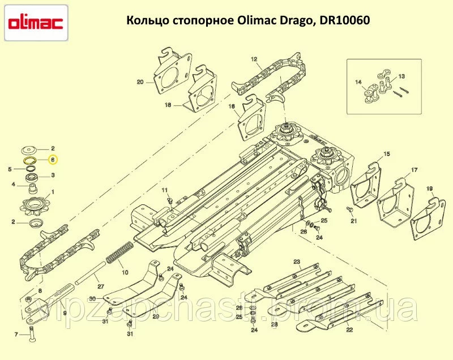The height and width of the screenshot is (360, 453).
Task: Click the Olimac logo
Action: [36, 23]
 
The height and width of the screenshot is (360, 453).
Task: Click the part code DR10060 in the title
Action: [345, 20]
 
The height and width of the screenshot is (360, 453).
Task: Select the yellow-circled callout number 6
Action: [53, 160]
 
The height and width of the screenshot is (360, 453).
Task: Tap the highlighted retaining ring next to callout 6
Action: [30, 161]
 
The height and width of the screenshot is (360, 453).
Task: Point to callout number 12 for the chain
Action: [254, 59]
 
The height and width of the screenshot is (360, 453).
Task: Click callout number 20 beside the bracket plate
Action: [140, 82]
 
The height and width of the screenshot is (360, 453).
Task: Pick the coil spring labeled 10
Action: [119, 252]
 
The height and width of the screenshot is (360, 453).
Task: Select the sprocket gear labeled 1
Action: [35, 206]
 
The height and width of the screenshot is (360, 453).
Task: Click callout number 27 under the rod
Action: [101, 286]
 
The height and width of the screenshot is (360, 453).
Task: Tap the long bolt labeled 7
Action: [31, 334]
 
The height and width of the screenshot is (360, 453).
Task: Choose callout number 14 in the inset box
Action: [358, 82]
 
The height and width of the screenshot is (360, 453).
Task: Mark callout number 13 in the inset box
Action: [401, 76]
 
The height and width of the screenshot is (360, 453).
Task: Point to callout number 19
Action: [429, 189]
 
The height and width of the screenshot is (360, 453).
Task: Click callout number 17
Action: [414, 170]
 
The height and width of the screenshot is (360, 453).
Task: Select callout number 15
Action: [387, 154]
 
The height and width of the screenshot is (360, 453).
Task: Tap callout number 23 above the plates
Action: [297, 262]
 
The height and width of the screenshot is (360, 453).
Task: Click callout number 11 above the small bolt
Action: [164, 190]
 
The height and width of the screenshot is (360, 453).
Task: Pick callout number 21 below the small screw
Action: [353, 221]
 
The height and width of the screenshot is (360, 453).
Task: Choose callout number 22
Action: [349, 330]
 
